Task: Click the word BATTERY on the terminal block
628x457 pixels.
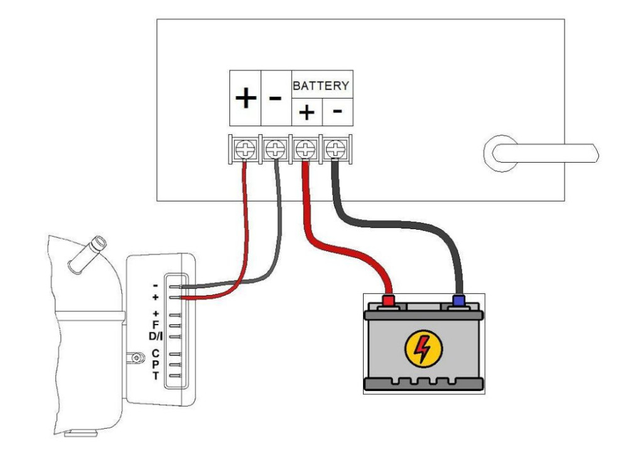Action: click(x=320, y=85)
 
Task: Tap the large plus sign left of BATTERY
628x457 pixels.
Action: click(x=246, y=98)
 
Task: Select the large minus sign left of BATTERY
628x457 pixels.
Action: click(x=275, y=99)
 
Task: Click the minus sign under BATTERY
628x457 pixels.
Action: click(x=337, y=111)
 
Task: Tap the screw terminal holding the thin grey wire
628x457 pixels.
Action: click(x=275, y=149)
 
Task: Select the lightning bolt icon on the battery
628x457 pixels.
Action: click(x=423, y=349)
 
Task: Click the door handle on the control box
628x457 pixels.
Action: click(x=540, y=153)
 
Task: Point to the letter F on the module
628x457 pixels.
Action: click(x=155, y=325)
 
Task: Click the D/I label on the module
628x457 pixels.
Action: click(x=155, y=336)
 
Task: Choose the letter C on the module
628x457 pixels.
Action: click(x=155, y=353)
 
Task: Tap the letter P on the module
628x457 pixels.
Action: click(x=155, y=365)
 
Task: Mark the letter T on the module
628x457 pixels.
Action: click(x=155, y=376)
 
